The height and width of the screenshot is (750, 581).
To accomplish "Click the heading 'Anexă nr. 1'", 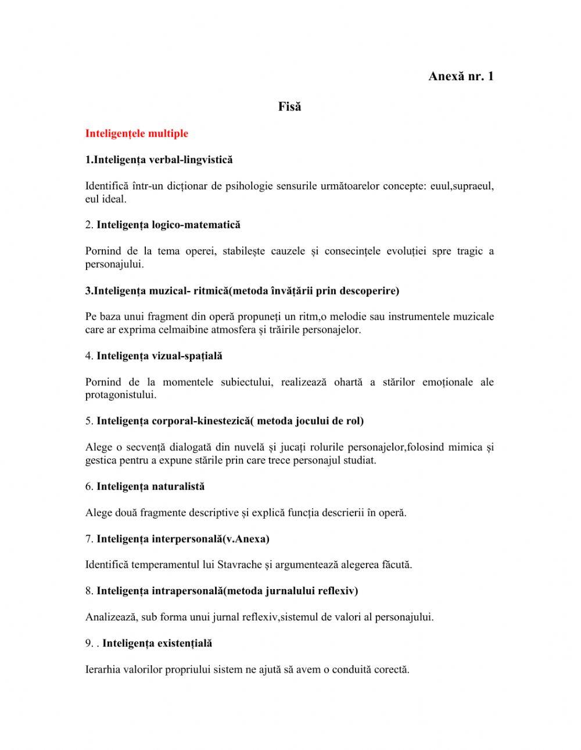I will click(461, 76).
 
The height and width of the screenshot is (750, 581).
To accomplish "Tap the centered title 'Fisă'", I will click(289, 107).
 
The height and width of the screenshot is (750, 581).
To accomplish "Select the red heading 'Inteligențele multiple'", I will click(137, 134).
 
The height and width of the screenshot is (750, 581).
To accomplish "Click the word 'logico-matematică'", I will click(196, 225).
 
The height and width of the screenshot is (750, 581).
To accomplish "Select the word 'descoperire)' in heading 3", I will click(370, 290).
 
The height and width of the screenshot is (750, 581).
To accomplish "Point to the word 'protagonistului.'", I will click(121, 395).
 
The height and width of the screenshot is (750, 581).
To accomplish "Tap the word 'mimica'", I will click(465, 447).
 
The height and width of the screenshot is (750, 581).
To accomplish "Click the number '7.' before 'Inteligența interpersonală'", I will click(89, 539).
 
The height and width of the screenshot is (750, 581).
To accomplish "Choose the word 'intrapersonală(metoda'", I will click(209, 591).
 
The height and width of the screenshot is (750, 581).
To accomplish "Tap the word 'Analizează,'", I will click(112, 617).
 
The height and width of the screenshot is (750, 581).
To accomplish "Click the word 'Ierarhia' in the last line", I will click(103, 669).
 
